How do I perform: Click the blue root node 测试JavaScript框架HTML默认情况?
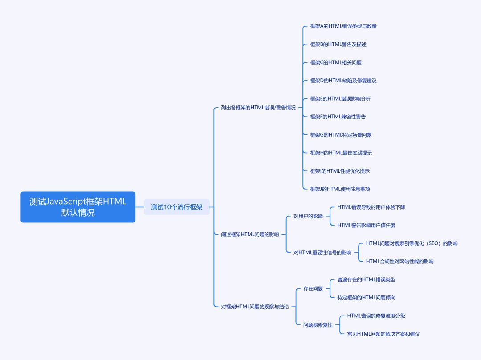pyautogui.click(x=78, y=207)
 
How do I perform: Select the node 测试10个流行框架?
pyautogui.click(x=177, y=207)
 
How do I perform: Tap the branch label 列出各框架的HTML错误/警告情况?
pyautogui.click(x=258, y=108)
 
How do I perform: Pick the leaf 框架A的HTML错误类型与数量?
pyautogui.click(x=343, y=26)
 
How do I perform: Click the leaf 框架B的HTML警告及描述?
pyautogui.click(x=338, y=44)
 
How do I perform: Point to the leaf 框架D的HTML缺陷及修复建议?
pyautogui.click(x=343, y=81)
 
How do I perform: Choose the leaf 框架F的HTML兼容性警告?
pyautogui.click(x=338, y=117)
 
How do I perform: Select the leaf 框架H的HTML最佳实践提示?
pyautogui.click(x=341, y=153)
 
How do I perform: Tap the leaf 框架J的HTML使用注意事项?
pyautogui.click(x=340, y=189)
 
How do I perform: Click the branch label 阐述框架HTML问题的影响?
pyautogui.click(x=250, y=235)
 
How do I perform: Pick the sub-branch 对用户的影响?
pyautogui.click(x=308, y=216)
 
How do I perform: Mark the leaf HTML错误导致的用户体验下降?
pyautogui.click(x=371, y=207)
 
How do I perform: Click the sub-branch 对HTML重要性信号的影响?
pyautogui.click(x=322, y=252)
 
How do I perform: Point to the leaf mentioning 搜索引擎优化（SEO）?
pyautogui.click(x=412, y=243)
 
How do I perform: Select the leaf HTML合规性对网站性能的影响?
pyautogui.click(x=399, y=261)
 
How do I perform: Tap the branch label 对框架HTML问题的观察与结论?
pyautogui.click(x=255, y=307)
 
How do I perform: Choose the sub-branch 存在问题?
pyautogui.click(x=313, y=289)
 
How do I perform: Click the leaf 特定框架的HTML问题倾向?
pyautogui.click(x=366, y=298)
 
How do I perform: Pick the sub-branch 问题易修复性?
pyautogui.click(x=318, y=325)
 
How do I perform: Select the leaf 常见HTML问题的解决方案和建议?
pyautogui.click(x=383, y=334)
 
